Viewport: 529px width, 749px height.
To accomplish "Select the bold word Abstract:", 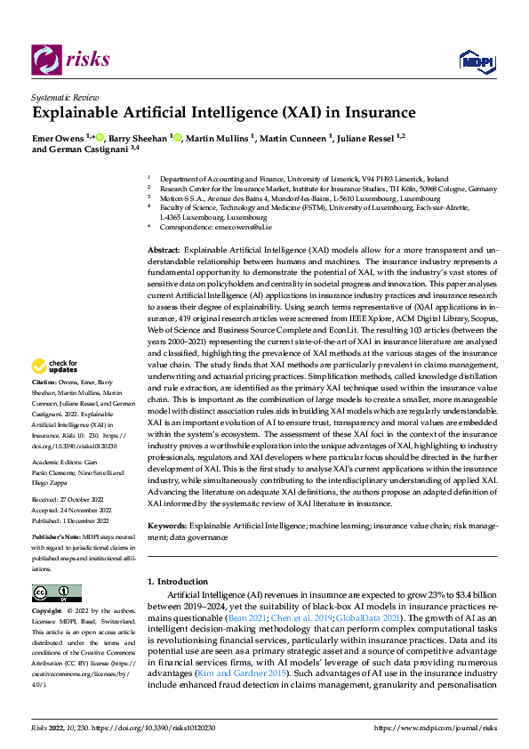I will (x=164, y=252).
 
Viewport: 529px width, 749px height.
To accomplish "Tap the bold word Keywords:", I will (x=168, y=527).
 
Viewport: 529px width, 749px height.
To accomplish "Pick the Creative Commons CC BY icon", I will (x=56, y=593).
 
